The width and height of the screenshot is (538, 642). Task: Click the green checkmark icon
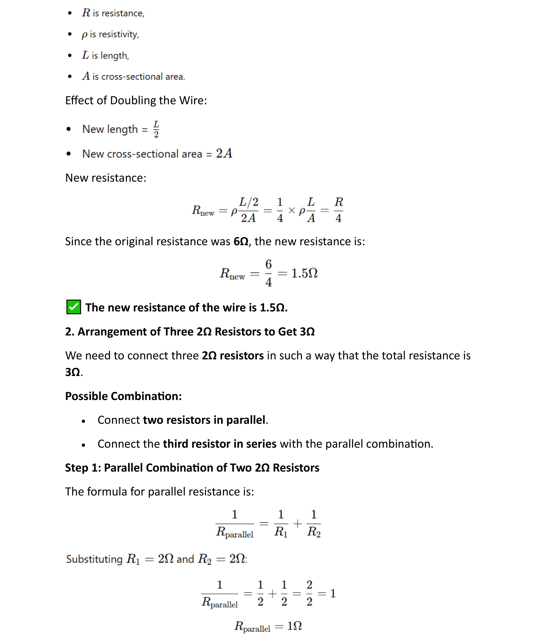pos(74,307)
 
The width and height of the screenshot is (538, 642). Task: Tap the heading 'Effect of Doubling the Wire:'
pos(136,100)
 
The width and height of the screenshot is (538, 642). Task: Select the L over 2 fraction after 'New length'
pos(156,129)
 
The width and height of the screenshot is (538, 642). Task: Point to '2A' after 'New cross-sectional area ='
pos(224,154)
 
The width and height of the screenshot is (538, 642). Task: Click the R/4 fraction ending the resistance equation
pos(339,210)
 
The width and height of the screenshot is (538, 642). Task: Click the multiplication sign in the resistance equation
pos(291,210)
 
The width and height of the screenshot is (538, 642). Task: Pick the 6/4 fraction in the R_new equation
pos(268,273)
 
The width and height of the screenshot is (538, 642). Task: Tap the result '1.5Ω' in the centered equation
pos(304,273)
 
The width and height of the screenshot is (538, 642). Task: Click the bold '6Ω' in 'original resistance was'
pos(241,241)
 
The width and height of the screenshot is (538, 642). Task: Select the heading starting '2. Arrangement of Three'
pos(190,331)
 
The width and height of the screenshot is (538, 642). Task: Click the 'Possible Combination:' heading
pos(123,396)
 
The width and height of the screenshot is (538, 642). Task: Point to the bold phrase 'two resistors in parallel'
pos(204,420)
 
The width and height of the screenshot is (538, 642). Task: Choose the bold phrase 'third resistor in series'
pos(220,444)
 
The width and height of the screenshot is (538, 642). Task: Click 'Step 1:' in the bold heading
pos(83,468)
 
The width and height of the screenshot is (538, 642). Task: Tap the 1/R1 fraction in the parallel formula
pos(281,523)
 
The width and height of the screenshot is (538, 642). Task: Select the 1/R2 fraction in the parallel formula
pos(314,523)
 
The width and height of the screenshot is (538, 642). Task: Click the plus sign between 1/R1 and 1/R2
pos(297,523)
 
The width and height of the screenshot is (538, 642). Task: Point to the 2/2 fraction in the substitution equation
pos(309,594)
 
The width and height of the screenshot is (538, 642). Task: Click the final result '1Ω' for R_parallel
pos(294,626)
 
